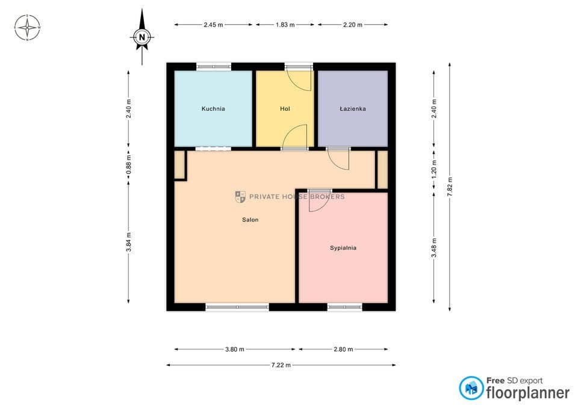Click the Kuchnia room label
pyautogui.click(x=213, y=109)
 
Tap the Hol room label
pyautogui.click(x=285, y=109)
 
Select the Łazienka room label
pyautogui.click(x=353, y=109)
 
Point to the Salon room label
pyautogui.click(x=250, y=220)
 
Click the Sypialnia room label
pyautogui.click(x=343, y=248)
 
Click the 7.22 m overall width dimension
pyautogui.click(x=281, y=365)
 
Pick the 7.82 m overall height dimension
pyautogui.click(x=449, y=187)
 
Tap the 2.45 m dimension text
pyautogui.click(x=213, y=25)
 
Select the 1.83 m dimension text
pyautogui.click(x=285, y=25)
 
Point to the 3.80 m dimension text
pyautogui.click(x=235, y=349)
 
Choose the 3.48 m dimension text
pyautogui.click(x=434, y=248)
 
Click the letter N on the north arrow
pyautogui.click(x=142, y=37)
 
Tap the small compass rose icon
pyautogui.click(x=27, y=27)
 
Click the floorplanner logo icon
pyautogui.click(x=471, y=388)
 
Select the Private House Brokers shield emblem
pyautogui.click(x=240, y=196)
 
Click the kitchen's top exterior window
pyautogui.click(x=214, y=67)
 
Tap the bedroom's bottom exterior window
pyautogui.click(x=344, y=307)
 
